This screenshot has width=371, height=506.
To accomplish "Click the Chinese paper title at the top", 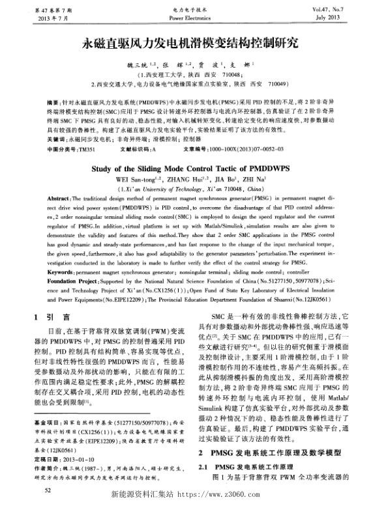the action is [x=185, y=44].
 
